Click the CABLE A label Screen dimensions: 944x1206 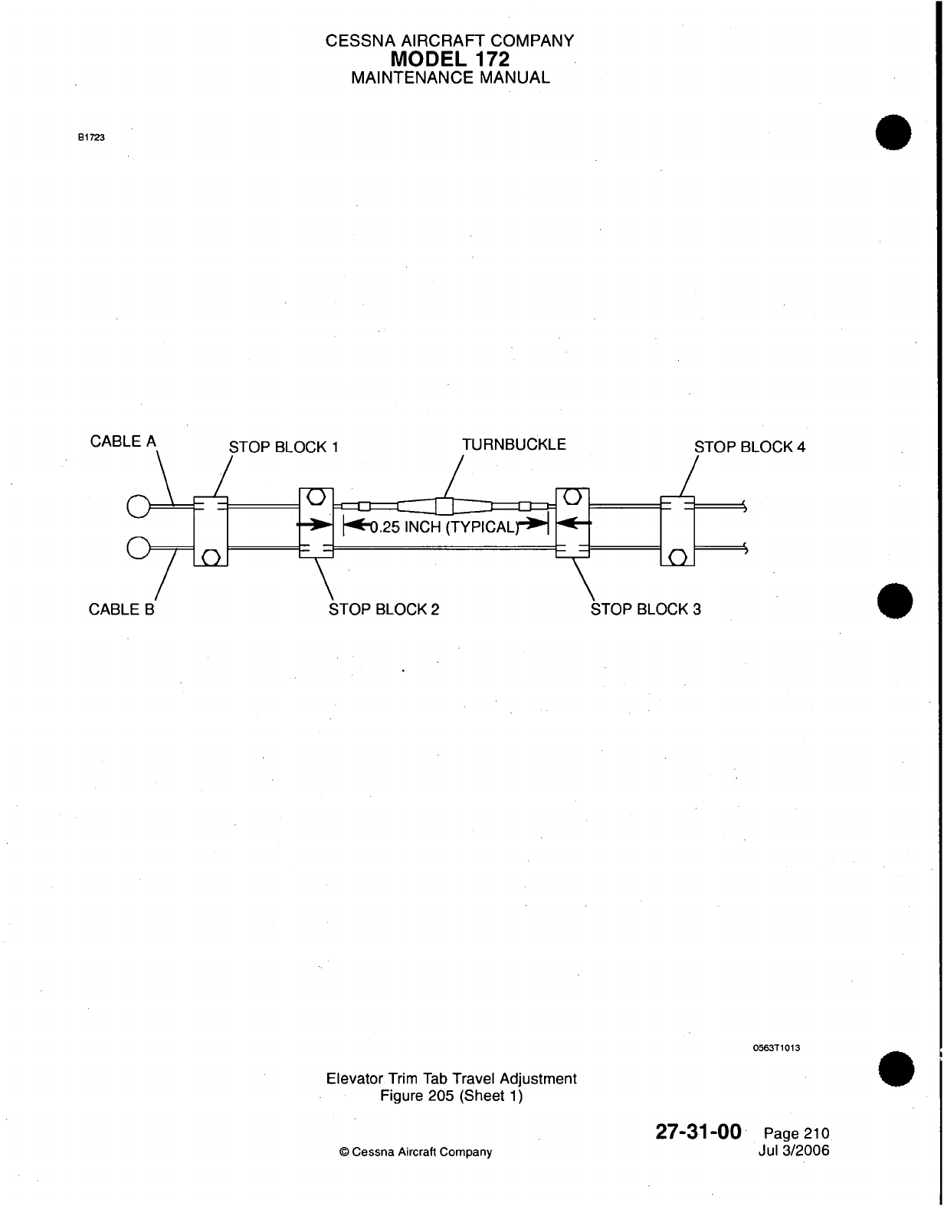(x=123, y=441)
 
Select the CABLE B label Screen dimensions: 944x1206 (x=122, y=609)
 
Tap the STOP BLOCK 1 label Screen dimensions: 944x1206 (x=284, y=447)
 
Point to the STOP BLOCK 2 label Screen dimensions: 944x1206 (x=384, y=609)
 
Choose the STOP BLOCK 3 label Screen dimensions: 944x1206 (x=646, y=609)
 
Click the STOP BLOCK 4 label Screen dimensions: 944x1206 (x=749, y=447)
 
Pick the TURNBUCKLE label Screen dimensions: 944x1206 (x=514, y=444)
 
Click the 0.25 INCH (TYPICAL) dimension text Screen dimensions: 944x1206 (x=445, y=526)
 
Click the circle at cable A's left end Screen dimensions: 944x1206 (x=138, y=506)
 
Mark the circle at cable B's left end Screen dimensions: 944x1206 (x=138, y=548)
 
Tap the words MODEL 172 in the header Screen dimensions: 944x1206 (x=450, y=59)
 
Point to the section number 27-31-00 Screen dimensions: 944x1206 (x=699, y=1132)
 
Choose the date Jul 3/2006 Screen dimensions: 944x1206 (x=792, y=1150)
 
